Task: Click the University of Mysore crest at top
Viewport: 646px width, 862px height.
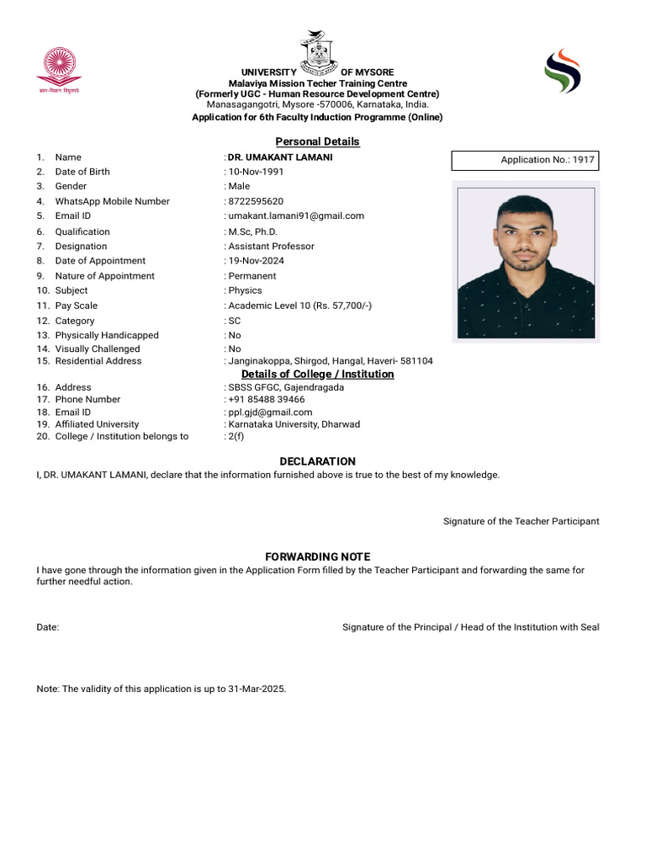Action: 318,53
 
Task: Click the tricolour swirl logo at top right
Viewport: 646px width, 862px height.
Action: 562,71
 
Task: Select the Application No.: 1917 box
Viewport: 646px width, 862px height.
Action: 526,160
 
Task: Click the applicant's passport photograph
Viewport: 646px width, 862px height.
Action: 526,261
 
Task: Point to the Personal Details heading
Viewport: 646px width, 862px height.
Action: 317,141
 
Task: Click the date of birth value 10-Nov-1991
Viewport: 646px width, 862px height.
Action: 257,172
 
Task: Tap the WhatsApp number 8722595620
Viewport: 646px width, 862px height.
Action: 256,201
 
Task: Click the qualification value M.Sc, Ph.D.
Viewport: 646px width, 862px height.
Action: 252,231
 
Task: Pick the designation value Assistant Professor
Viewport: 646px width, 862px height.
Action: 271,247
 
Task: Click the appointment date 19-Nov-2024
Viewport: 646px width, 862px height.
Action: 257,261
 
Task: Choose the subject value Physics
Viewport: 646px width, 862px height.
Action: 246,290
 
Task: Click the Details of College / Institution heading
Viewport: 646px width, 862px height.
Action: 317,374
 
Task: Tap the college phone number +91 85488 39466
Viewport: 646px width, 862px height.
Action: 267,400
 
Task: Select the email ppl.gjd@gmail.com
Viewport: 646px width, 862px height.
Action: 270,412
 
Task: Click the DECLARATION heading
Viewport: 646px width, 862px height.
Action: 317,461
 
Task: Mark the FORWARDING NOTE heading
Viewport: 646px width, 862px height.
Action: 317,557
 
